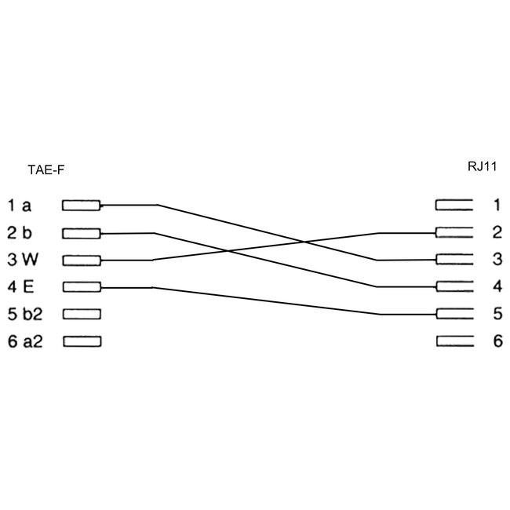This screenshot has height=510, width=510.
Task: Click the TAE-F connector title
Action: click(x=46, y=169)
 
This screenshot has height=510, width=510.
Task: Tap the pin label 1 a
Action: click(x=20, y=206)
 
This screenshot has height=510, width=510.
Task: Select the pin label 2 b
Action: click(x=20, y=232)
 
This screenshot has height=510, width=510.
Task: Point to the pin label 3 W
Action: click(x=22, y=260)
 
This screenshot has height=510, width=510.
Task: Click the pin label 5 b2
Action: click(x=25, y=314)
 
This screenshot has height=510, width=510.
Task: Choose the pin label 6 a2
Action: click(x=25, y=341)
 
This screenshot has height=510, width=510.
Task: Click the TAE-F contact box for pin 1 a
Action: click(x=81, y=206)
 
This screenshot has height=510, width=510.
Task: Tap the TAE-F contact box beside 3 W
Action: click(x=81, y=260)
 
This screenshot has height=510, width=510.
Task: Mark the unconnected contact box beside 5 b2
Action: click(x=81, y=314)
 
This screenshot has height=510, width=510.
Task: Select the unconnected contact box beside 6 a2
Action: click(x=81, y=341)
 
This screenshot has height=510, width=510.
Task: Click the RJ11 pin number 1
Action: click(x=497, y=206)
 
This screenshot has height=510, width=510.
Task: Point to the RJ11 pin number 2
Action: click(x=497, y=232)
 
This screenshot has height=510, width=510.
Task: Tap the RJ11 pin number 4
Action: click(x=497, y=286)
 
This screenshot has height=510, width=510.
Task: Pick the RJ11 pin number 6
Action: click(x=497, y=341)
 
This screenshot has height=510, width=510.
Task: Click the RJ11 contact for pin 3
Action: click(x=454, y=260)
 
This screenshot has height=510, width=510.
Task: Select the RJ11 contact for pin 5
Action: click(x=454, y=314)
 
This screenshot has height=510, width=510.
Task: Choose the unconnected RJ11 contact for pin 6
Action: click(x=454, y=341)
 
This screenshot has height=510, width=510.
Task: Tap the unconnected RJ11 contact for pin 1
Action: click(x=454, y=206)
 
